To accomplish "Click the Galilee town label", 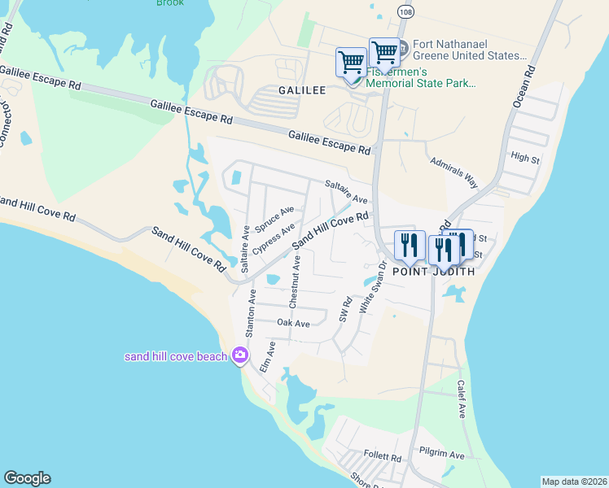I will click(303, 91).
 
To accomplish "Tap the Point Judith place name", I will click(434, 272).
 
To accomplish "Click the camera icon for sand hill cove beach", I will click(239, 355).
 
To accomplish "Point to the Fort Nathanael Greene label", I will click(469, 50).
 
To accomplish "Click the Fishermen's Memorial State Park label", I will click(422, 77).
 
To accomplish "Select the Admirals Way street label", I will click(453, 168).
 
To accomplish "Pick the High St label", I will click(525, 158).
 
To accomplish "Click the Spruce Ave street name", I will click(274, 219).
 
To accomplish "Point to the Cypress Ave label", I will click(273, 239).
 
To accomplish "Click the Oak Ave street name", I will click(293, 323).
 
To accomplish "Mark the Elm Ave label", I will click(268, 357).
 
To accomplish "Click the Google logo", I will click(27, 478).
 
